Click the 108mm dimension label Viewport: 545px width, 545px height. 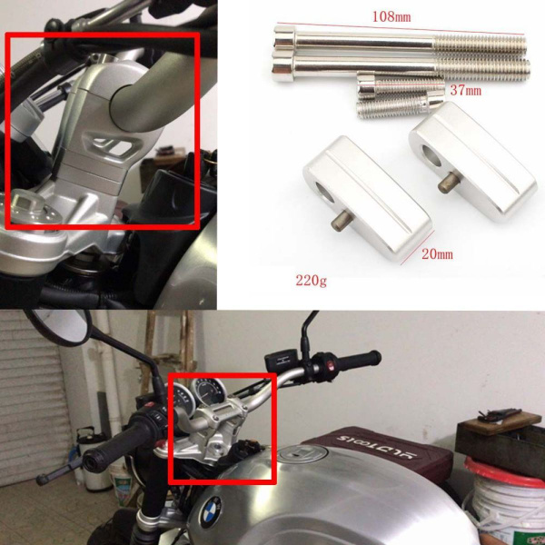(x=391, y=16)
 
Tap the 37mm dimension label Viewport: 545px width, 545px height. (x=466, y=91)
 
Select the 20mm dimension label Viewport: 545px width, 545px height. (x=437, y=254)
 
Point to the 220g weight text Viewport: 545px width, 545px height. (x=311, y=280)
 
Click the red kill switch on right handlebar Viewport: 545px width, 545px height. (x=331, y=366)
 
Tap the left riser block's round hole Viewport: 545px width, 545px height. (x=324, y=193)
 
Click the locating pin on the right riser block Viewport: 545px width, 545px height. (x=448, y=183)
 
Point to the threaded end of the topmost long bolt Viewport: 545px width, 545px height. (x=481, y=45)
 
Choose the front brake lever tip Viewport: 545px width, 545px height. (x=42, y=480)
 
